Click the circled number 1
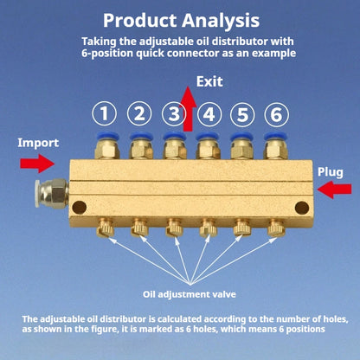point(105,114)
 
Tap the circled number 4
point(209,114)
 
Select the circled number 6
point(276,114)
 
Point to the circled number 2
point(139,114)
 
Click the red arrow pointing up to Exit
point(188,110)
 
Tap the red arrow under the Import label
point(37,164)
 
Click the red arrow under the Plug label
point(334,190)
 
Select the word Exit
point(209,81)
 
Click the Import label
point(38,143)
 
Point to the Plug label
point(331,172)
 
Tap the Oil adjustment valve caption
point(190,294)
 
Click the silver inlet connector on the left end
point(52,193)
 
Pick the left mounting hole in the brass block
point(80,207)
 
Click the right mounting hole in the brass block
point(302,208)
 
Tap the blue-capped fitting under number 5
point(242,145)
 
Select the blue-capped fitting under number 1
point(107,145)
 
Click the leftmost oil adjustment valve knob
point(105,228)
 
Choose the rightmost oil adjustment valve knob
point(276,228)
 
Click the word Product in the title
point(140,21)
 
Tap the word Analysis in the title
point(221,21)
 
